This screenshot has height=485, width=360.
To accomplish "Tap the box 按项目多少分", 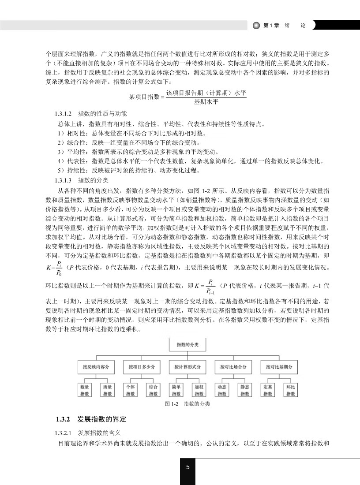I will (x=141, y=367).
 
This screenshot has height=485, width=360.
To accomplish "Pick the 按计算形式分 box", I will (x=187, y=367).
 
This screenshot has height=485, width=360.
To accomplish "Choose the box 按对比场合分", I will (x=233, y=367).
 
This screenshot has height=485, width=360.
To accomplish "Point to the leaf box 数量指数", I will (x=85, y=390).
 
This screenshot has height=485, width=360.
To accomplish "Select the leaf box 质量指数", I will (x=108, y=390).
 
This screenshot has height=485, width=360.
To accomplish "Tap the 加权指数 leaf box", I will (x=199, y=390).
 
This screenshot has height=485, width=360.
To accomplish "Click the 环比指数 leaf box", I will (x=291, y=390).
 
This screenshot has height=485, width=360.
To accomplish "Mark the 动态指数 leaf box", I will (x=222, y=390).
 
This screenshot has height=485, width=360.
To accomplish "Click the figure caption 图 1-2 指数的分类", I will (x=187, y=403).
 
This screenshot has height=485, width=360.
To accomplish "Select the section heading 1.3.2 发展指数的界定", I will (x=91, y=419).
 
